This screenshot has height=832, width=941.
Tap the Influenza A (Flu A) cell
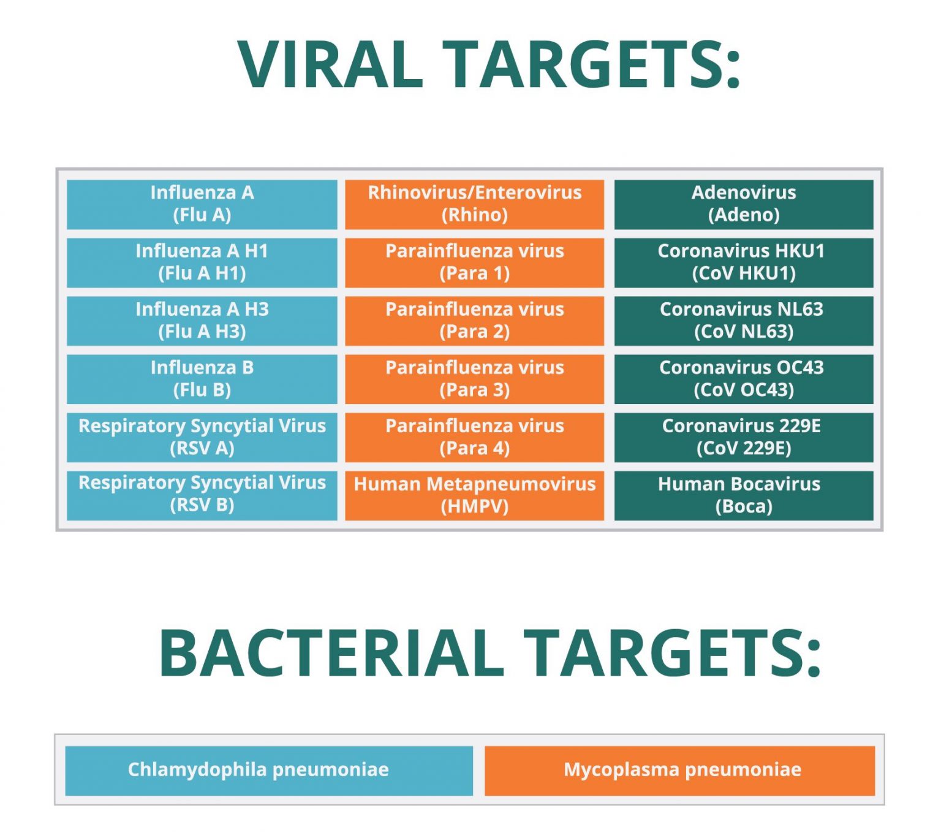point(202,204)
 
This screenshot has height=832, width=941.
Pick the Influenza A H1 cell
point(202,262)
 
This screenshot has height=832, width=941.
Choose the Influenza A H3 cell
point(202,321)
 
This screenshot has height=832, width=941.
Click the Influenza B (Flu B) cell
point(202,379)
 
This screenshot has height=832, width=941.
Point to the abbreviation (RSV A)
point(202,449)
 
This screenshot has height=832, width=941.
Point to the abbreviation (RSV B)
point(202,505)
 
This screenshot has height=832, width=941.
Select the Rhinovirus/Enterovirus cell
point(474,204)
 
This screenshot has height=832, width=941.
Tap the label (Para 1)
point(474,273)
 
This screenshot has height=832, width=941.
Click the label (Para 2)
point(474,332)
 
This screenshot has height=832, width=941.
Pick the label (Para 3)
point(474,390)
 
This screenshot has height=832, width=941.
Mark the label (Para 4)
point(474,448)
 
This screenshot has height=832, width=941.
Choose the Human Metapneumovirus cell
point(474,495)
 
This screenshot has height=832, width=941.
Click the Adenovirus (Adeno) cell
point(744,204)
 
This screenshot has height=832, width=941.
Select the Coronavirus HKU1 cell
point(744,262)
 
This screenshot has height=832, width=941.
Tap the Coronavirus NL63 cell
point(744,321)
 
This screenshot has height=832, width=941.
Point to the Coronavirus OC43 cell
point(744,379)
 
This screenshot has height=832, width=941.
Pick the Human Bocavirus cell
point(744,495)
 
